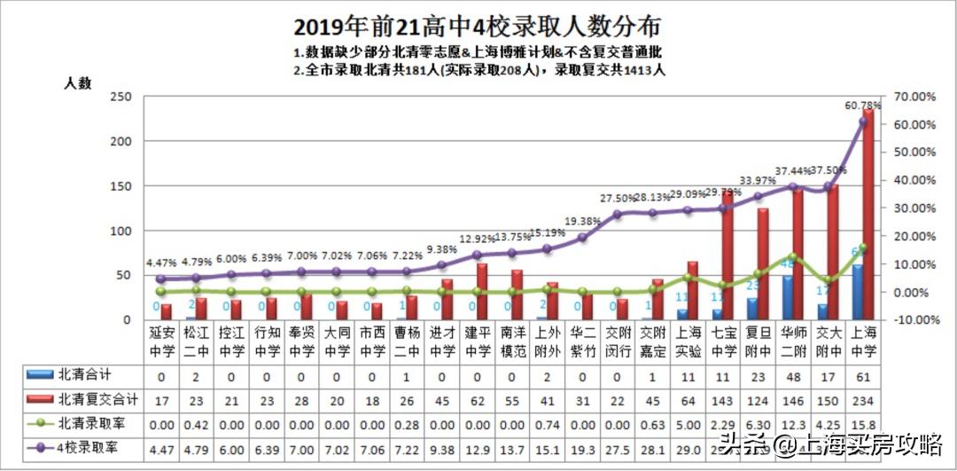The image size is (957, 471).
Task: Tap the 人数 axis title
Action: click(77, 82)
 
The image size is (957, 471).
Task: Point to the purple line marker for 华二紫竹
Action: click(582, 237)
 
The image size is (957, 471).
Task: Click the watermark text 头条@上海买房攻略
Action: click(830, 443)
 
